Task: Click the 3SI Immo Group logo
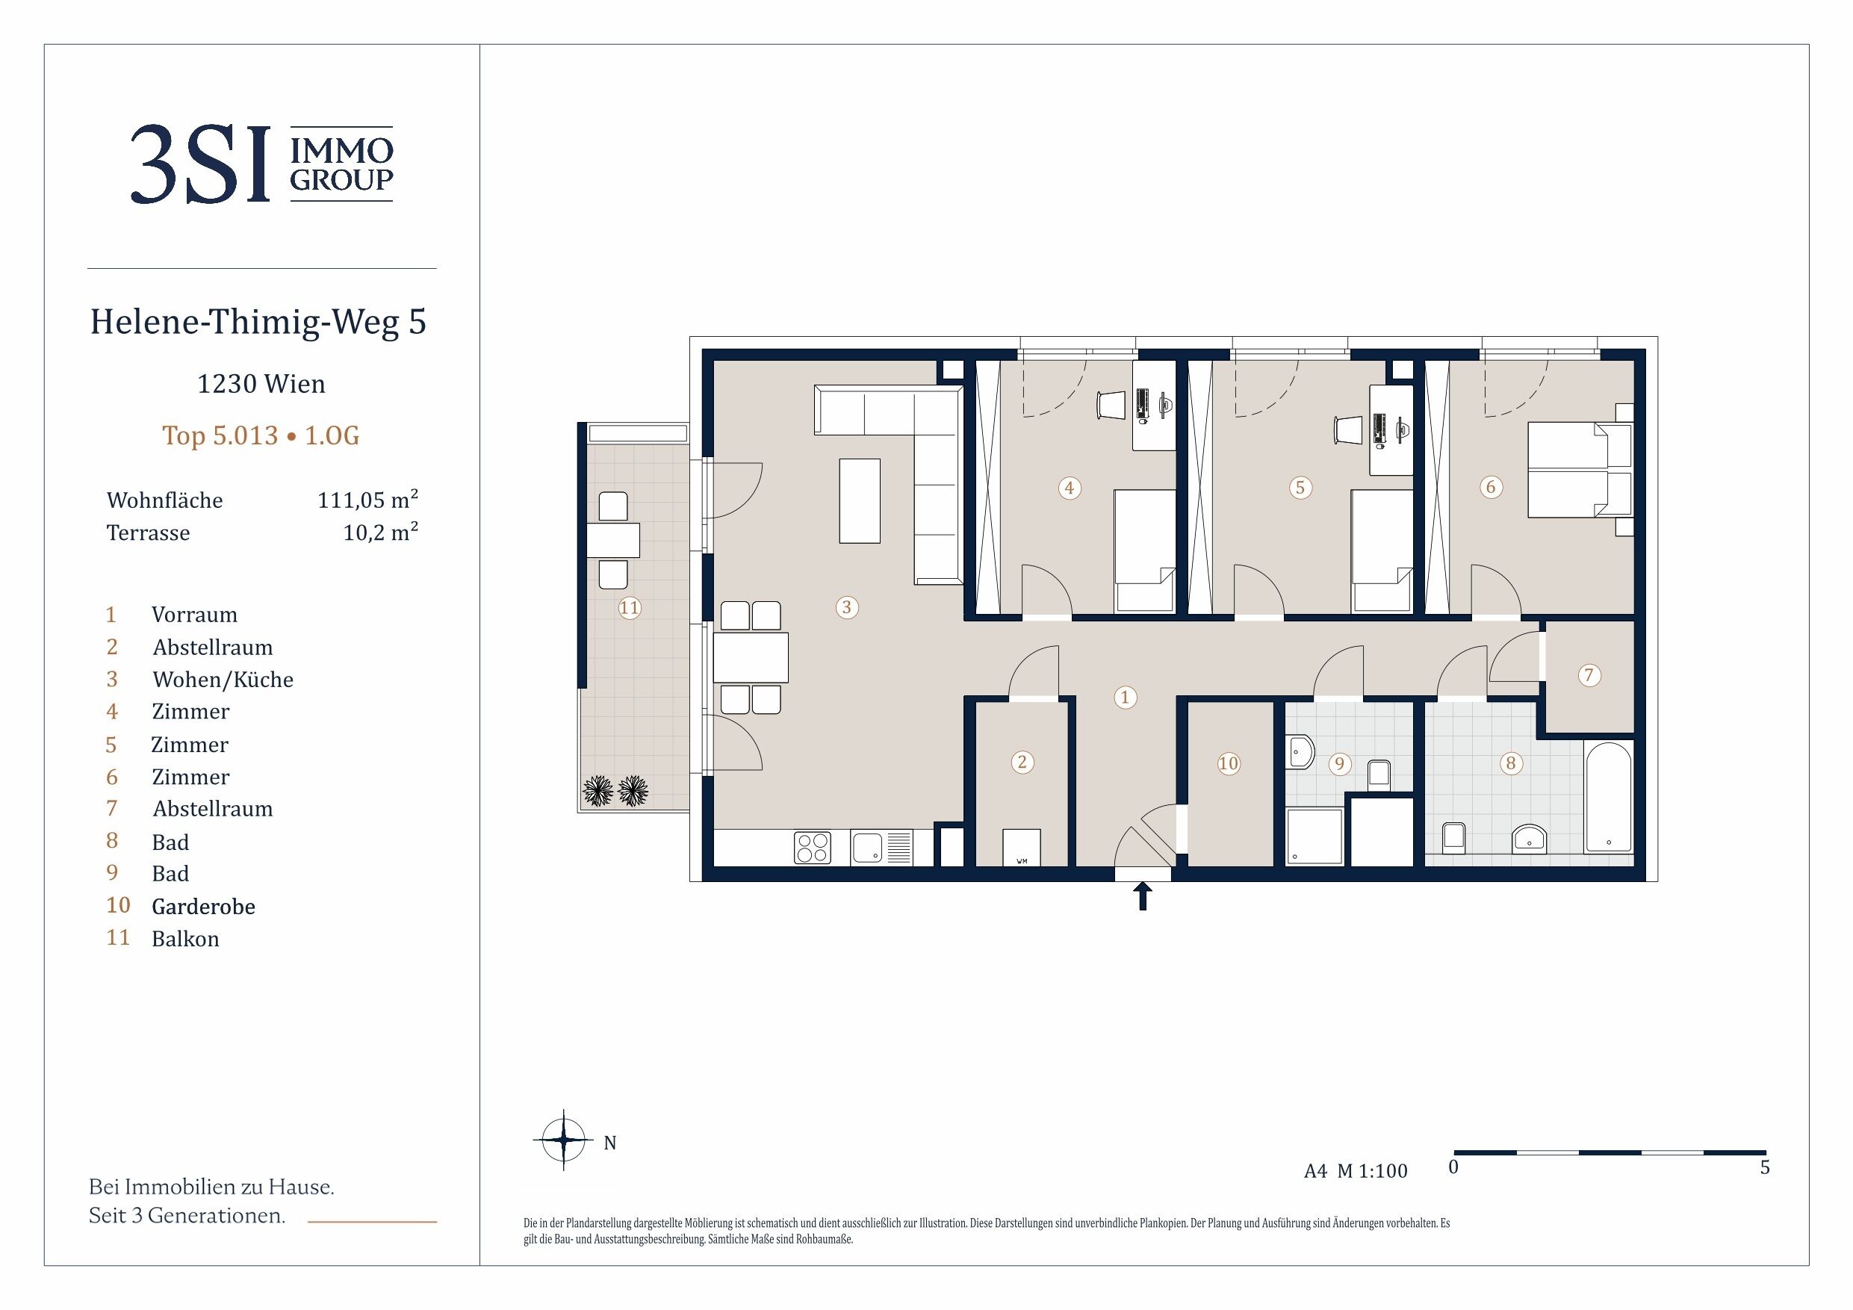[261, 164]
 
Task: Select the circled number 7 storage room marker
[1589, 674]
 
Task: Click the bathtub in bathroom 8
[1609, 798]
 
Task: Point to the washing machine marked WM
[1022, 848]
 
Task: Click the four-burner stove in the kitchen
[813, 848]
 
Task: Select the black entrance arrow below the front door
[1143, 896]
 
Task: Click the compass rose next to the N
[563, 1140]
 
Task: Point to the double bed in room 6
[1580, 471]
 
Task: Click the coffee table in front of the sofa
[860, 500]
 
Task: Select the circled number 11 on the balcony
[630, 608]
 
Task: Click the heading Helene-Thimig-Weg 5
[258, 322]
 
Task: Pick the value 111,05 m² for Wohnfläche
[368, 500]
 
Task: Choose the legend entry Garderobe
[203, 907]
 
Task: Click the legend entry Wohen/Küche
[223, 680]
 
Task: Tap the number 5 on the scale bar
[1765, 1167]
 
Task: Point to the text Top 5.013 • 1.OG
[261, 436]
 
